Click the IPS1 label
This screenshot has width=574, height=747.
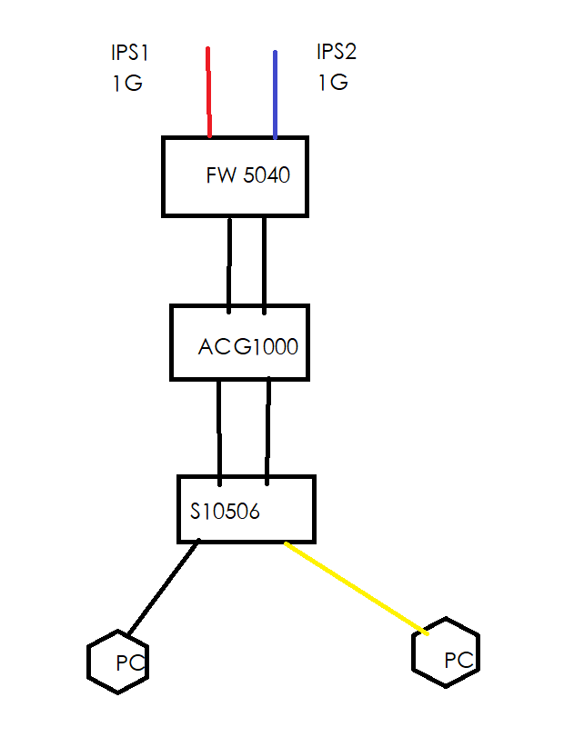coord(130,53)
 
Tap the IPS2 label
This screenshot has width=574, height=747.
coord(337,52)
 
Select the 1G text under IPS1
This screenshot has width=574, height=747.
coord(127,83)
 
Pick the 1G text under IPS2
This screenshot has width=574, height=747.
coord(333,82)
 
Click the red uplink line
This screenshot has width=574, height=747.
coord(209,93)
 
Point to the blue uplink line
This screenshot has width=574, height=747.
coord(275,95)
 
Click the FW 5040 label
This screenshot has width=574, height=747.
coord(248,174)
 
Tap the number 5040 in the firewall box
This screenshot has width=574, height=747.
coord(267,174)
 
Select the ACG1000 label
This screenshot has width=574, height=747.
coord(248,346)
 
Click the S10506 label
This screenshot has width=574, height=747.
coord(225,512)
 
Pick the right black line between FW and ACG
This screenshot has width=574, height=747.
coord(264,266)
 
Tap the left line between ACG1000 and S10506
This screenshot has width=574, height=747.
coord(219,433)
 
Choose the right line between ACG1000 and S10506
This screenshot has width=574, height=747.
coord(268,431)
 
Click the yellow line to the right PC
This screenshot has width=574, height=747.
coord(356,588)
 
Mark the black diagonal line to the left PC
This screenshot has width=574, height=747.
coord(164,587)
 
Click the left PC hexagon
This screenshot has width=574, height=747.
coord(117,662)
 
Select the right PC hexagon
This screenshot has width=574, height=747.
coord(446,652)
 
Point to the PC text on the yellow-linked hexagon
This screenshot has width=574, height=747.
coord(459,661)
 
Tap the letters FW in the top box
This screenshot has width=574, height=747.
coord(221,174)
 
